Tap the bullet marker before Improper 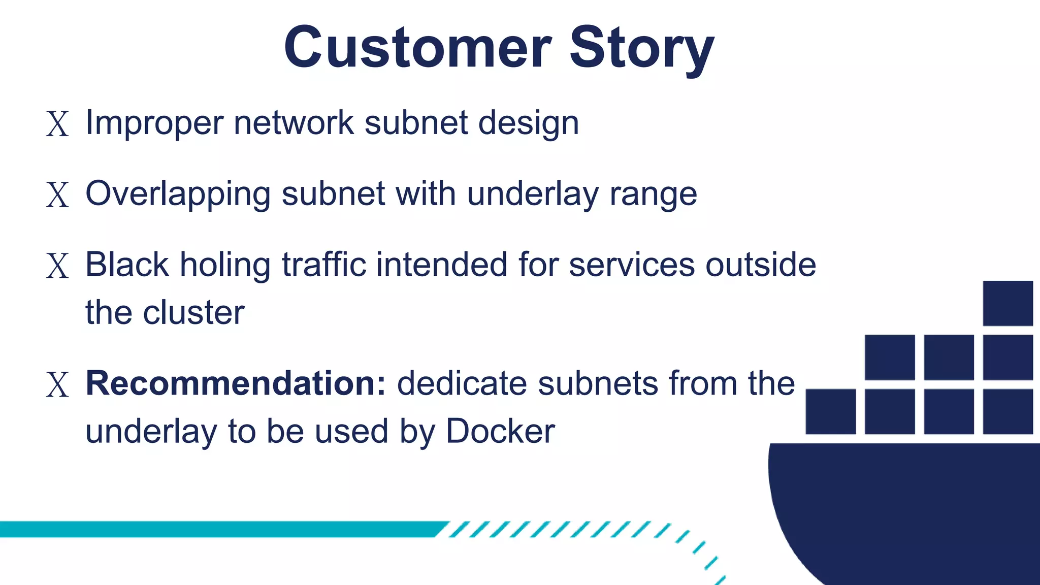point(57,124)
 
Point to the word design point(528,123)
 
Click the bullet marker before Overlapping point(57,195)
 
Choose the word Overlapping point(178,194)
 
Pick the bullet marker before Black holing point(57,266)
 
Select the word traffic point(323,265)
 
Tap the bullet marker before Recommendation point(57,385)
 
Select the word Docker point(500,432)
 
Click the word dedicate point(462,383)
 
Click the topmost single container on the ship point(1007,303)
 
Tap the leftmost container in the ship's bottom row point(830,411)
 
